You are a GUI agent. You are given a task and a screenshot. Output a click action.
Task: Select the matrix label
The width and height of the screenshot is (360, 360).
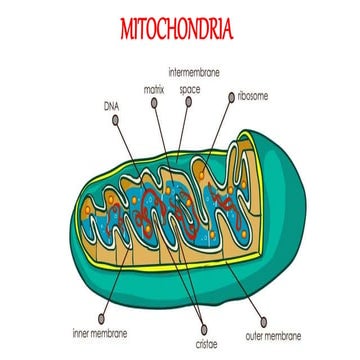coord(154,89)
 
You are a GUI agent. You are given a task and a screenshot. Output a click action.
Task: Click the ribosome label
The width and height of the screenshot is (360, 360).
coord(252,97)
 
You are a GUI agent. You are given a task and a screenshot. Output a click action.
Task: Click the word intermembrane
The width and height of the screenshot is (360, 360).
coord(193,73)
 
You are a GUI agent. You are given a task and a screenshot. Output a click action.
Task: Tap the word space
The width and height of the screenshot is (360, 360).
coord(189,88)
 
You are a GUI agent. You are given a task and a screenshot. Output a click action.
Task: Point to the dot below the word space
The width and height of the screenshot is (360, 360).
coord(188,104)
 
